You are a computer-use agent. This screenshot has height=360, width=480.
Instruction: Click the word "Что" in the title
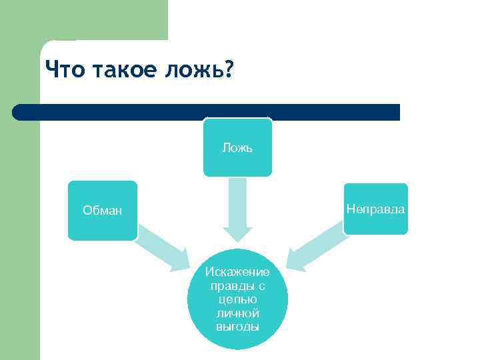(x=63, y=69)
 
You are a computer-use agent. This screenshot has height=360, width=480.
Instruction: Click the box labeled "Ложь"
(x=237, y=147)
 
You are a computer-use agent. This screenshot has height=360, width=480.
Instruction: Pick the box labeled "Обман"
(x=102, y=211)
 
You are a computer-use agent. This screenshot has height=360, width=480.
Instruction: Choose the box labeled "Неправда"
(x=375, y=209)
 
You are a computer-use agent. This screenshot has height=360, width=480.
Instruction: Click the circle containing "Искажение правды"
(x=237, y=299)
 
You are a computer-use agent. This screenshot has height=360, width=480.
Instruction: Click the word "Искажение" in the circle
(x=237, y=272)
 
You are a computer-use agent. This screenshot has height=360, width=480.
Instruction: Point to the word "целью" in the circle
(x=237, y=300)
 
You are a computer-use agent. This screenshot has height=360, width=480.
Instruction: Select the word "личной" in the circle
(x=237, y=313)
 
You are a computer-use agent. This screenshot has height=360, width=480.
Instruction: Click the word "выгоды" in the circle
(x=237, y=327)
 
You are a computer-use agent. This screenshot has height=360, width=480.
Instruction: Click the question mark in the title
(x=229, y=69)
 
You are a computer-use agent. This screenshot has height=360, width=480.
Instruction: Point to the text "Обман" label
(x=102, y=211)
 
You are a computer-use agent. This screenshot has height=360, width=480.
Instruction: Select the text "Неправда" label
(x=375, y=209)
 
